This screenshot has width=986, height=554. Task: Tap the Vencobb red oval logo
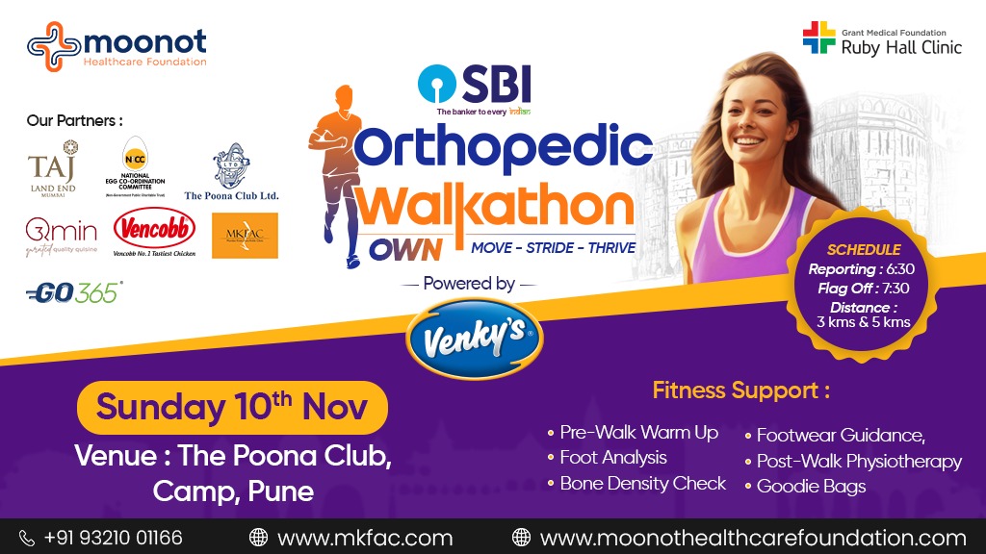click(x=154, y=231)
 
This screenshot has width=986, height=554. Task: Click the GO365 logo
click(x=74, y=292)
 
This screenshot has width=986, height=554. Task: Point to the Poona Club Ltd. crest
click(x=231, y=164)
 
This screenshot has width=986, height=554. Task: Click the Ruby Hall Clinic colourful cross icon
click(x=819, y=38)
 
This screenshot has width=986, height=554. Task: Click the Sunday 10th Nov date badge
click(x=232, y=407)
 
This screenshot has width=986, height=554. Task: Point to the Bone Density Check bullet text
click(x=642, y=483)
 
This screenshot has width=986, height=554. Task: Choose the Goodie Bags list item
click(x=811, y=486)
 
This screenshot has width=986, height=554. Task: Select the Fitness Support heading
click(x=740, y=390)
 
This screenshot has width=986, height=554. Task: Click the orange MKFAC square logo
click(x=245, y=236)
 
